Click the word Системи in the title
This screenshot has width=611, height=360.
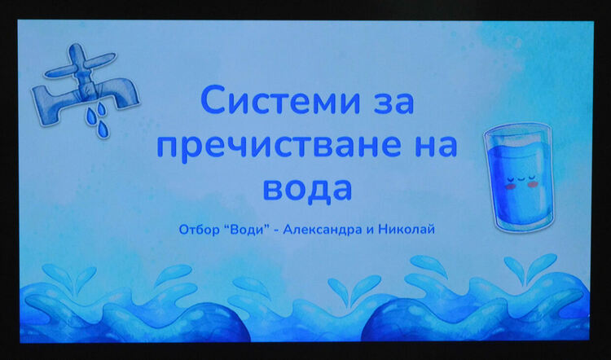[269, 103]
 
